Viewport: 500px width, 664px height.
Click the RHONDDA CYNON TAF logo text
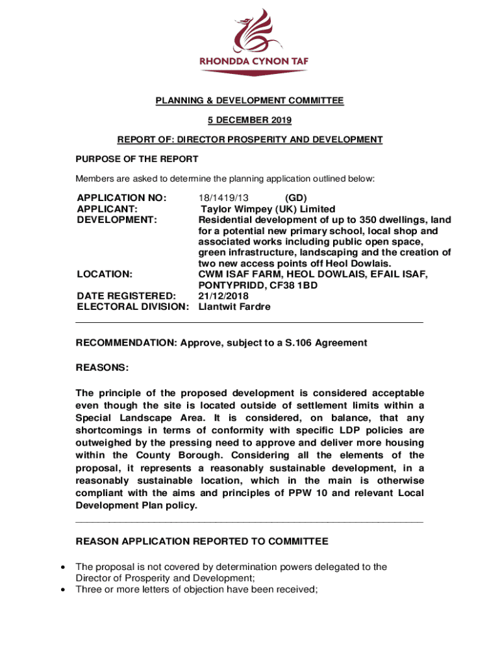click(253, 62)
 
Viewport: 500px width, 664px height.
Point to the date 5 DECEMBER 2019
click(249, 120)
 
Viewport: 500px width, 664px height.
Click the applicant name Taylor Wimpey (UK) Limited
click(268, 209)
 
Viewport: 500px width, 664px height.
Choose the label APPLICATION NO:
click(121, 197)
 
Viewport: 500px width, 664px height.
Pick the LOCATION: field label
click(105, 274)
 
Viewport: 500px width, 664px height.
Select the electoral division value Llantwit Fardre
click(234, 307)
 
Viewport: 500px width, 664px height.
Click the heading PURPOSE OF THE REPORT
click(137, 159)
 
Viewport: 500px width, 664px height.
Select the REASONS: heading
click(102, 368)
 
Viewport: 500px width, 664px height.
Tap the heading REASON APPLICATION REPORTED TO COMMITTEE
click(202, 541)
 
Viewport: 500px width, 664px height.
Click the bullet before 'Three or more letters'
click(62, 589)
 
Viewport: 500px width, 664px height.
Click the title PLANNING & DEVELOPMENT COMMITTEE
click(249, 101)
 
